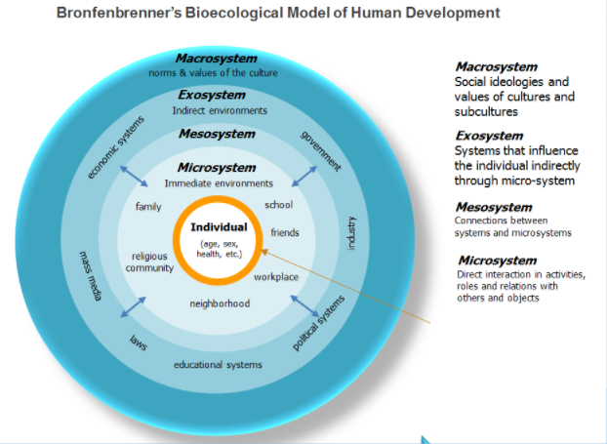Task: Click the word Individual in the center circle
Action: tap(219, 227)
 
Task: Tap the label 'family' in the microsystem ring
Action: tap(148, 207)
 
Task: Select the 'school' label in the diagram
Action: tap(279, 205)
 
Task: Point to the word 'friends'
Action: tap(285, 233)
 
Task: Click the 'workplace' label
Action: tap(276, 277)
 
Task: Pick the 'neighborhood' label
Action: tap(220, 303)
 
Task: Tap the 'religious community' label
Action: tap(152, 262)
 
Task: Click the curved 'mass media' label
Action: tap(91, 276)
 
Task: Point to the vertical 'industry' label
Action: tap(351, 232)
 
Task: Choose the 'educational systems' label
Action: tap(218, 365)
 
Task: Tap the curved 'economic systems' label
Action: tap(115, 147)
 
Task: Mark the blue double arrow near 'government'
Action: tap(303, 176)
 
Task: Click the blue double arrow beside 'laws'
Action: tap(134, 306)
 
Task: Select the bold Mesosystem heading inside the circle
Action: tap(218, 133)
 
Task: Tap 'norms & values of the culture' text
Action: tap(214, 73)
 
